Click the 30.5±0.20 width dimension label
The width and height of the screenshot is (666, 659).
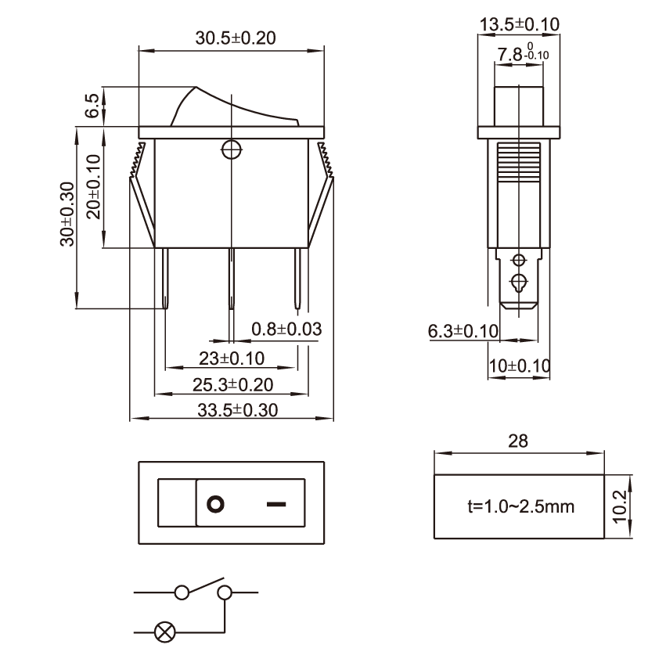tap(236, 38)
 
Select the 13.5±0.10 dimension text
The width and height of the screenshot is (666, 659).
tap(519, 24)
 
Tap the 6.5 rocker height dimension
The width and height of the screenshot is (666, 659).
tap(92, 106)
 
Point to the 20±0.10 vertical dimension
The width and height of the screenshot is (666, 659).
tap(93, 186)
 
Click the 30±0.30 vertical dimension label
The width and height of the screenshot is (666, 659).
tap(67, 214)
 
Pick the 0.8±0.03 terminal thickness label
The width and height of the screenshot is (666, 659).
tap(286, 329)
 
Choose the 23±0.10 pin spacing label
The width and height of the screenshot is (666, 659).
tap(232, 358)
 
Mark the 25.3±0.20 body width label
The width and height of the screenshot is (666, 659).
tap(232, 385)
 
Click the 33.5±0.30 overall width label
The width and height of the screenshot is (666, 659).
tap(237, 410)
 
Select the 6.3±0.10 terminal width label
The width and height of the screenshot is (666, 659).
tap(463, 331)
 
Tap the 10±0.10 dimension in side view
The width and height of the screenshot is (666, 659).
tap(520, 366)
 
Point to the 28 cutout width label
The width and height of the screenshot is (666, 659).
tap(518, 441)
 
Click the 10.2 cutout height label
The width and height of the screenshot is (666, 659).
tap(620, 506)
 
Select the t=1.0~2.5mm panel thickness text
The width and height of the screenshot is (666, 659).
tap(520, 506)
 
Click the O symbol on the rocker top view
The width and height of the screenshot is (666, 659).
tap(215, 504)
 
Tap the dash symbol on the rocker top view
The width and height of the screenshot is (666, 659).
tap(276, 504)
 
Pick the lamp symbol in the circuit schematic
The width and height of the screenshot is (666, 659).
tap(165, 632)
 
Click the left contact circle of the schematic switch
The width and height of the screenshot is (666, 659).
tap(182, 592)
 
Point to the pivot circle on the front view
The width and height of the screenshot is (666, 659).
tap(232, 149)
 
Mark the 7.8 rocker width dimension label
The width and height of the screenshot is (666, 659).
tap(523, 53)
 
